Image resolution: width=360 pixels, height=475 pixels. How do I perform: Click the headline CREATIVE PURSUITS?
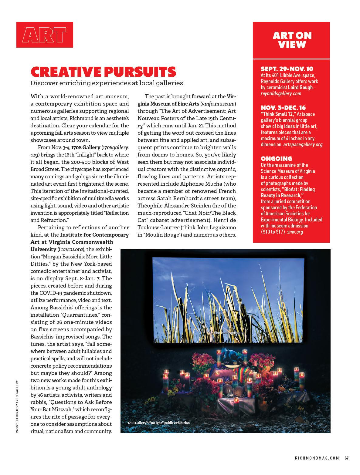[x=103, y=72]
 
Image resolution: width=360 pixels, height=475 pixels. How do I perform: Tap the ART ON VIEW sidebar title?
[x=291, y=40]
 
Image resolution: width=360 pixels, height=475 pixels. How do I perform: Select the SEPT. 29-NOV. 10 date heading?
[x=287, y=69]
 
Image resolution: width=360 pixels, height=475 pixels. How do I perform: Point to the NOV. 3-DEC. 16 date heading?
[x=283, y=108]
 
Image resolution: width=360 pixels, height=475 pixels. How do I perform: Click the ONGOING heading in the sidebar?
[x=276, y=159]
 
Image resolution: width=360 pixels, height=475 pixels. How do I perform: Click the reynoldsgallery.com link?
[x=281, y=93]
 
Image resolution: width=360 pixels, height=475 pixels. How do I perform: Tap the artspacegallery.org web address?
[x=303, y=144]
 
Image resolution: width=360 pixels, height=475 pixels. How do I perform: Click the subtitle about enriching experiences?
[x=107, y=83]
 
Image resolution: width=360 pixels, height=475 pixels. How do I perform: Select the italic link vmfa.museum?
[x=218, y=104]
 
